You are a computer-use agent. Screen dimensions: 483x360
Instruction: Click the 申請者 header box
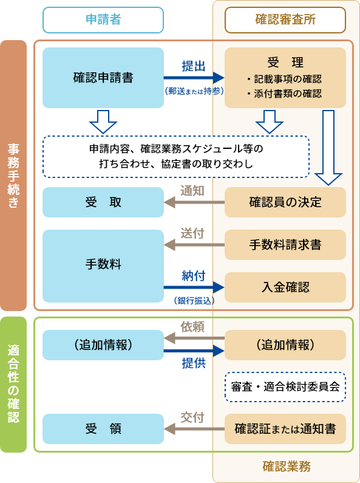103,19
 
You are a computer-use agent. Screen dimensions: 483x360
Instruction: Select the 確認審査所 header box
285,19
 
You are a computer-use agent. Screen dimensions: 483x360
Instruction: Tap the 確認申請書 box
103,78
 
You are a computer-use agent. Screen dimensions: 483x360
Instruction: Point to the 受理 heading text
285,62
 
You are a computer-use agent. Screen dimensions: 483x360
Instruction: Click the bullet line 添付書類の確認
285,94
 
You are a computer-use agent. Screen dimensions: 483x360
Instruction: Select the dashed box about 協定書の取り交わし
176,156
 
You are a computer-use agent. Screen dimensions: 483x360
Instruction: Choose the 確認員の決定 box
285,202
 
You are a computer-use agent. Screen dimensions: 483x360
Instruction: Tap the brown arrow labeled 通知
194,202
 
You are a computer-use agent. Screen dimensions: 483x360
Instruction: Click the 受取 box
103,202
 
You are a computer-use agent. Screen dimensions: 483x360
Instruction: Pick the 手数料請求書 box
285,245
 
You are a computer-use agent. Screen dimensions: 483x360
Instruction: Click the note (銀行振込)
194,300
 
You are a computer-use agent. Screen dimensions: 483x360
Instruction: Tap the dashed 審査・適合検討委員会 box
285,386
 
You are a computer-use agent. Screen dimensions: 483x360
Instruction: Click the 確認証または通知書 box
285,429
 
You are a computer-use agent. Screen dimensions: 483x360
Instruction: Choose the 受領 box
103,429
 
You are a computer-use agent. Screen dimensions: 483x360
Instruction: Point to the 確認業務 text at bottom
286,467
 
